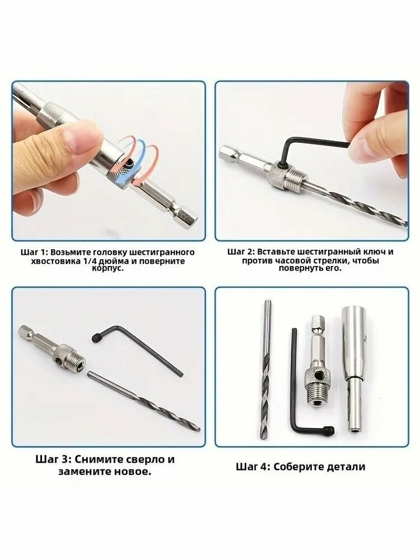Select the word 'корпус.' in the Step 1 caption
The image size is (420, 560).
(108, 268)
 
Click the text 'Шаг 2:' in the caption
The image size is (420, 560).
(241, 252)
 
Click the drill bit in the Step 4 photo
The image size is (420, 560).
(265, 369)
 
